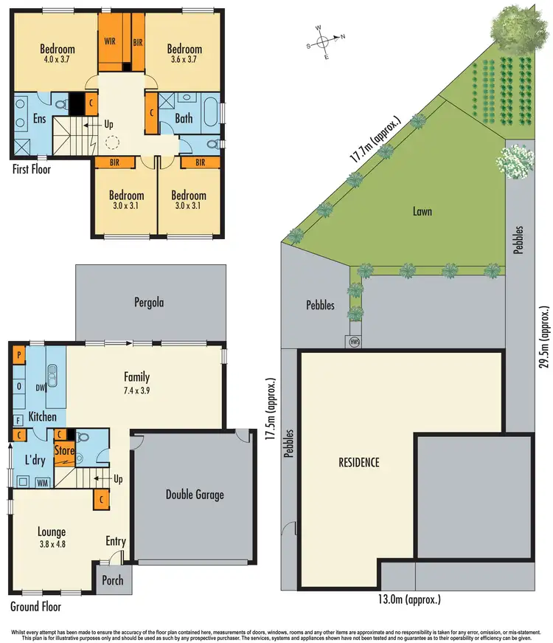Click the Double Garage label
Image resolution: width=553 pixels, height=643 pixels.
[x=194, y=495]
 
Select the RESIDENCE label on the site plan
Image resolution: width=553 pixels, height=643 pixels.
[x=358, y=463]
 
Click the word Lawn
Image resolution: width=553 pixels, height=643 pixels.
[x=422, y=211]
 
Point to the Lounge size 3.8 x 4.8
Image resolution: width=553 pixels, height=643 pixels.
[x=52, y=544]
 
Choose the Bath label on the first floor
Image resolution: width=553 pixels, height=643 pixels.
[x=184, y=118]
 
